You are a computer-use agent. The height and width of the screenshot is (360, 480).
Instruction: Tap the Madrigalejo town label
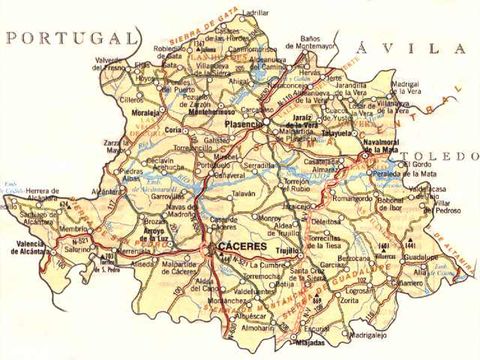point(366,336)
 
